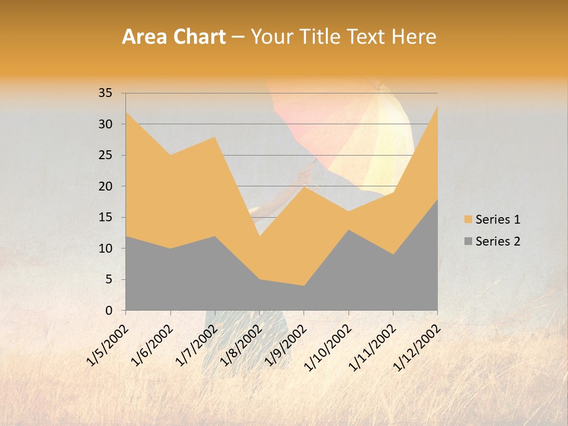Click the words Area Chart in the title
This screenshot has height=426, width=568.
[173, 37]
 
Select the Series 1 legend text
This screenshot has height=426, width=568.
[498, 220]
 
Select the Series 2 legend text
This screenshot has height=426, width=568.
[498, 241]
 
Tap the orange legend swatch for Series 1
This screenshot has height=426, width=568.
[469, 220]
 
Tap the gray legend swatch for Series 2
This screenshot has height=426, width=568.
[469, 241]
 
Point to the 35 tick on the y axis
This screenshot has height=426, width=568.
[105, 93]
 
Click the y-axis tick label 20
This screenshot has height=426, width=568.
[105, 186]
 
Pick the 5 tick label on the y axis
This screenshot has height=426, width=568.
[109, 279]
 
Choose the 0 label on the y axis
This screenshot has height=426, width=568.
[109, 311]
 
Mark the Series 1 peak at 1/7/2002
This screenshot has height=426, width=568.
[215, 137]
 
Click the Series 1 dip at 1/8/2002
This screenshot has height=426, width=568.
[259, 236]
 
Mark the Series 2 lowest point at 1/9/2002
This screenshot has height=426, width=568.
[304, 286]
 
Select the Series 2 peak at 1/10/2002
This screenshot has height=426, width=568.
[348, 230]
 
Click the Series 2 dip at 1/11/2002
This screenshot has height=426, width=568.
[393, 254]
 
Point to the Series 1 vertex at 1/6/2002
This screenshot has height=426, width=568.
[170, 155]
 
